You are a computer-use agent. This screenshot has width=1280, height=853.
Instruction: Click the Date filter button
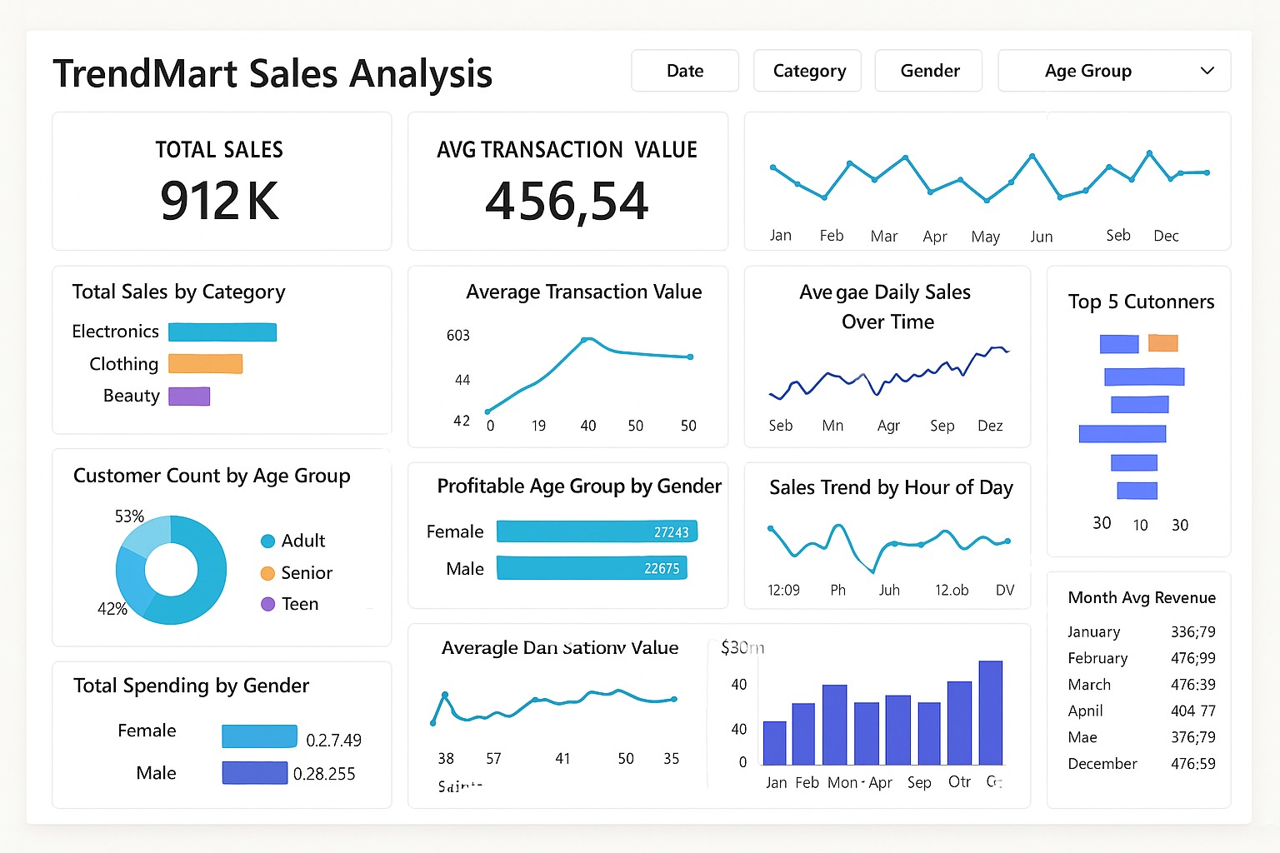(684, 71)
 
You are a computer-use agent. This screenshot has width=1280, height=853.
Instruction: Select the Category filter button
(807, 71)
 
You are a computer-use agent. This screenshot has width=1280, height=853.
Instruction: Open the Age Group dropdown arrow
(1207, 71)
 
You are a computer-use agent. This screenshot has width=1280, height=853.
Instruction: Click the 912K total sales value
(220, 201)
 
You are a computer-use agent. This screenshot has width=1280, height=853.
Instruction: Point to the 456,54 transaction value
(567, 202)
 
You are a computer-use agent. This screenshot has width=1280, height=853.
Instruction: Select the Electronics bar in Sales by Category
(222, 332)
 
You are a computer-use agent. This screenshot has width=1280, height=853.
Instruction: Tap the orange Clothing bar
(205, 364)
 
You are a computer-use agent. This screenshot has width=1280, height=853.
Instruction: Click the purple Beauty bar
(189, 396)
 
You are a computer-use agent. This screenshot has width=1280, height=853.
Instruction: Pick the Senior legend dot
(267, 573)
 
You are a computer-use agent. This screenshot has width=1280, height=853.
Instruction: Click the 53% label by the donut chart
(129, 516)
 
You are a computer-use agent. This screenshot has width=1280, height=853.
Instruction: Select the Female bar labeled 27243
(597, 531)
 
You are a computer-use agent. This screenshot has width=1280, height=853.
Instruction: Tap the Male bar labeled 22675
(592, 568)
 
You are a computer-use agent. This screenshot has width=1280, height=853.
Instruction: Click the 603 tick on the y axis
(458, 336)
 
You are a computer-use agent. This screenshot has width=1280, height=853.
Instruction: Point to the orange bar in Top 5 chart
(1162, 342)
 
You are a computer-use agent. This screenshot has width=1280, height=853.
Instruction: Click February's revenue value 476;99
(1192, 658)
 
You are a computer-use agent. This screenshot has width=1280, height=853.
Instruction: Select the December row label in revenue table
(1102, 764)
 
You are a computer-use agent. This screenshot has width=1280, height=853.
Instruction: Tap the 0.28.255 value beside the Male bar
(324, 774)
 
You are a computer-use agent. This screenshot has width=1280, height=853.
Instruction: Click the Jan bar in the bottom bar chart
(775, 743)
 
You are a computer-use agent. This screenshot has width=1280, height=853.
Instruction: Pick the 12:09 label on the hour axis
(783, 591)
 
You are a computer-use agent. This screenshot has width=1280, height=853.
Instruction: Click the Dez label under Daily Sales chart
(990, 426)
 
